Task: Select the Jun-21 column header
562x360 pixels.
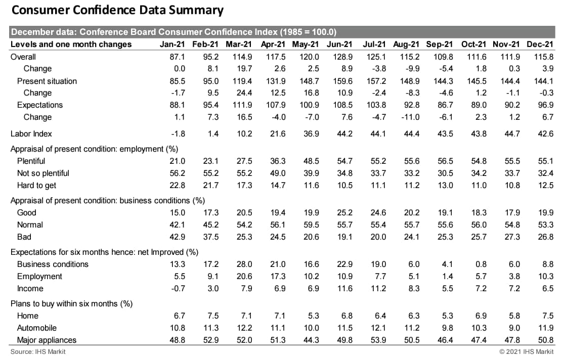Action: coord(340,44)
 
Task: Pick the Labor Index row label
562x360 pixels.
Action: coord(31,134)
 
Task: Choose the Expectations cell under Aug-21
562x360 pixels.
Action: coord(410,105)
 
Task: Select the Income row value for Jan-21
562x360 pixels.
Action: coord(178,289)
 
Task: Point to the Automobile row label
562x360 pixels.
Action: coord(37,328)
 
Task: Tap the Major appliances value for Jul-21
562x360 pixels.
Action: coord(377,340)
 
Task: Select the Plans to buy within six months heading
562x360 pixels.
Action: coord(71,304)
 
